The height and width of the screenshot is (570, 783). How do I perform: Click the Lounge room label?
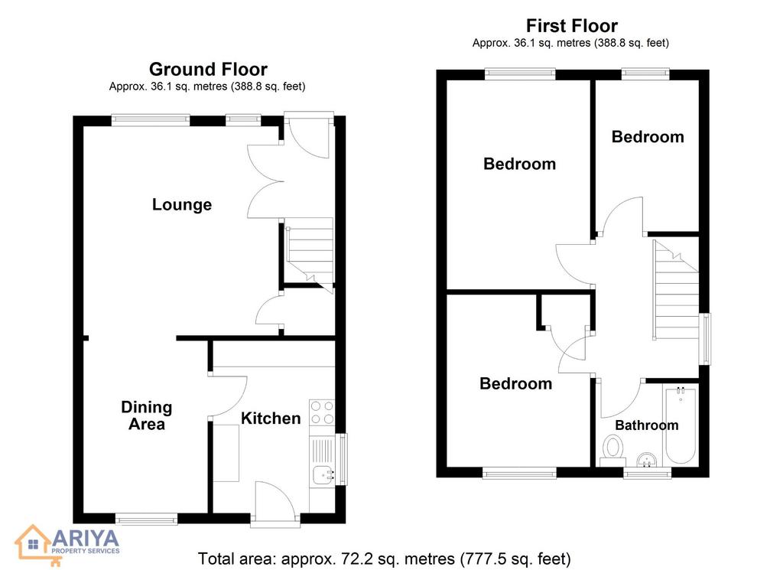click(182, 205)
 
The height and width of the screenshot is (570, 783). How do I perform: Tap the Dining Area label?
click(146, 415)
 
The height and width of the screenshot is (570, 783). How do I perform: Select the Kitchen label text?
click(271, 419)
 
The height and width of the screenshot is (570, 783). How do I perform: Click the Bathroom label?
click(647, 425)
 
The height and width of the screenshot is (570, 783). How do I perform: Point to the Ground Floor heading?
click(208, 69)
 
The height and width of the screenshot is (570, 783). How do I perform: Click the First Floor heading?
click(572, 25)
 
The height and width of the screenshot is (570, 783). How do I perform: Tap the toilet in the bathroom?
click(613, 448)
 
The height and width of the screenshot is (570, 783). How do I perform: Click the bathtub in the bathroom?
click(680, 425)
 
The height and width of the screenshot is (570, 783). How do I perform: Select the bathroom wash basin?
click(648, 459)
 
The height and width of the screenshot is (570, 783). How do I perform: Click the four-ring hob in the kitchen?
click(322, 412)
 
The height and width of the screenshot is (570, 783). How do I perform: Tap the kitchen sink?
click(323, 474)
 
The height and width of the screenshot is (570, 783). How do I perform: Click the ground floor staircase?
click(309, 255)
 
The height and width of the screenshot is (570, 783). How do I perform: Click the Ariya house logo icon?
click(33, 543)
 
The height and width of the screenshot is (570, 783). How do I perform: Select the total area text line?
click(384, 559)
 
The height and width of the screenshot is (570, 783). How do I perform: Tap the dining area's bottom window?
click(147, 520)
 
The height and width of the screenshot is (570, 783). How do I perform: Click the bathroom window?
click(647, 472)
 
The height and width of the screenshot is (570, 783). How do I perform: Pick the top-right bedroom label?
click(648, 137)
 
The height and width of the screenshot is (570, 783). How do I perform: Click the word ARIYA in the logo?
click(86, 539)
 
